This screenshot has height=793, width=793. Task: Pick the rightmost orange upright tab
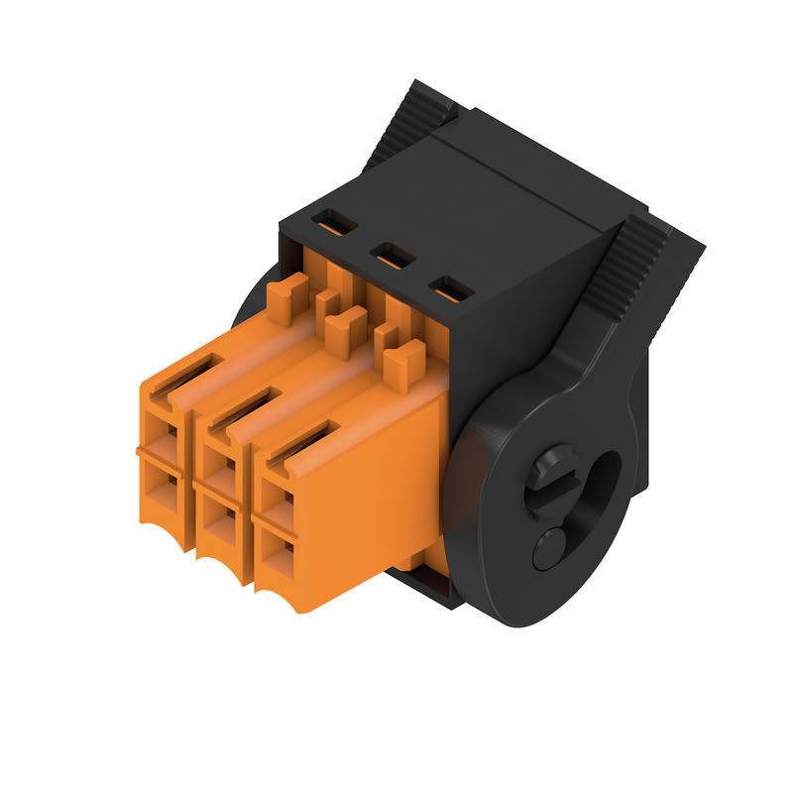pos(400,364)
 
